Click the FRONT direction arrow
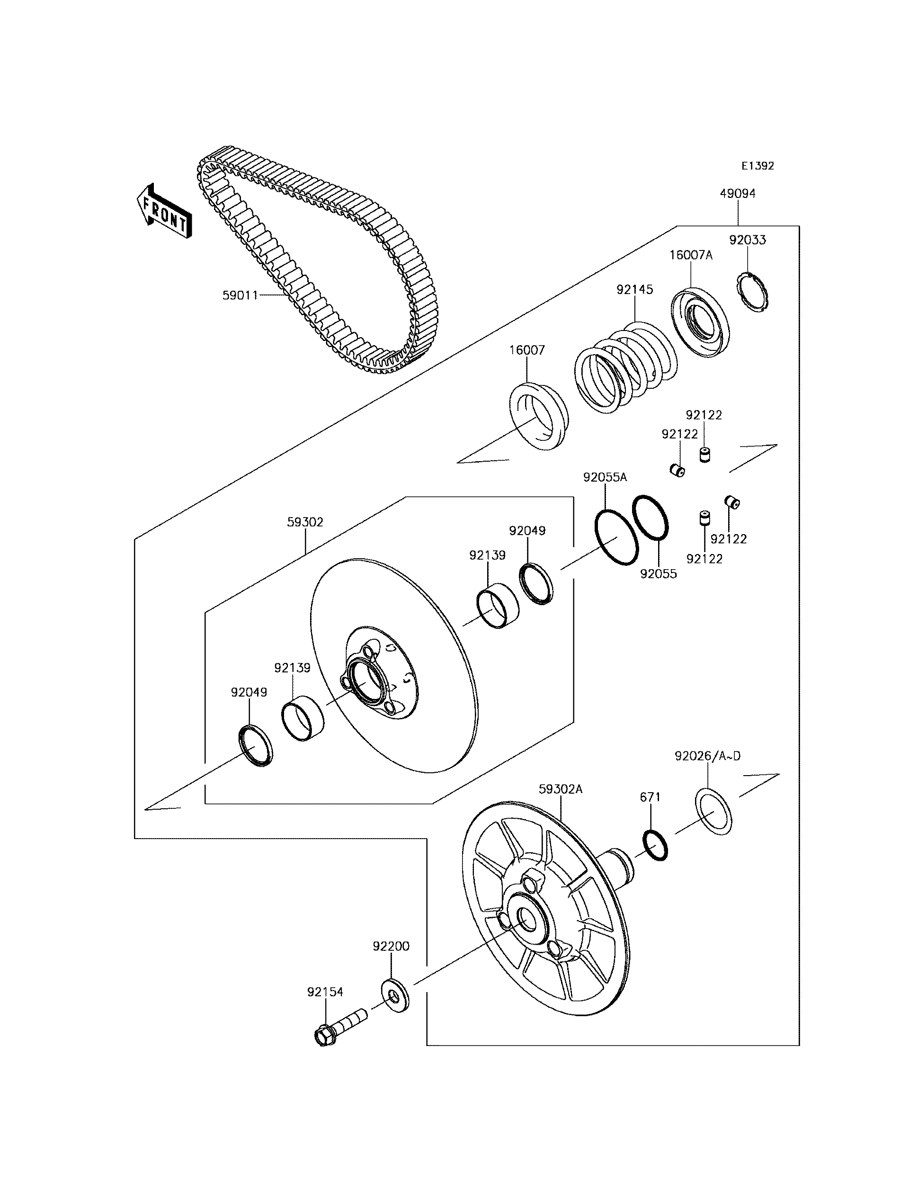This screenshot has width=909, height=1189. [x=163, y=212]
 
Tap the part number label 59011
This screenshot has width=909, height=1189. [x=240, y=295]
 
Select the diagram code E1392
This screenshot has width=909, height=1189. [x=757, y=166]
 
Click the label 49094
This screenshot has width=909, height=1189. [x=738, y=194]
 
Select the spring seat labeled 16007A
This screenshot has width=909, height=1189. [x=700, y=322]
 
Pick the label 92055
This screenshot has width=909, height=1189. [x=659, y=574]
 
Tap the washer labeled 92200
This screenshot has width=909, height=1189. [x=394, y=995]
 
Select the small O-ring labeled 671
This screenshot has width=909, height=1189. [x=655, y=846]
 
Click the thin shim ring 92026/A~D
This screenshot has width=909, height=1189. [x=713, y=811]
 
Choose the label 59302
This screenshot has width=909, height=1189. [x=305, y=522]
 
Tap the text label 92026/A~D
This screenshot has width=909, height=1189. [x=707, y=756]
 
